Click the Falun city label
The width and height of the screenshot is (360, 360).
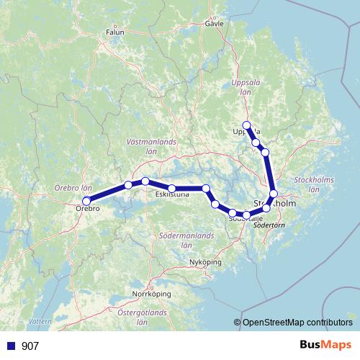[115, 32]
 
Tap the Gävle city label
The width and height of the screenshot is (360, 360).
[215, 23]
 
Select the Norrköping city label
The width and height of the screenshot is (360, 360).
[150, 294]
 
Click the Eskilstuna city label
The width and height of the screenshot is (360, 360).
[172, 194]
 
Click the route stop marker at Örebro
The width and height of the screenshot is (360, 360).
[86, 201]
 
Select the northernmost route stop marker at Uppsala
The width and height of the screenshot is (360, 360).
[247, 125]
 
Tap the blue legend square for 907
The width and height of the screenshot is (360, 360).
[10, 346]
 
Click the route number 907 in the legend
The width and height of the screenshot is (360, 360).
[30, 346]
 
